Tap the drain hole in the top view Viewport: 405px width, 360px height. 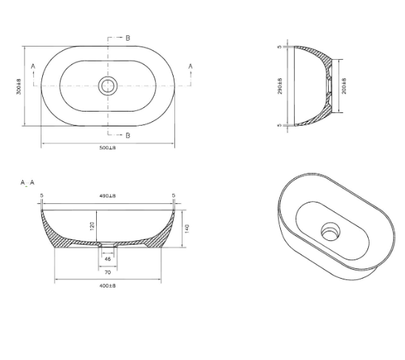pos(107,85)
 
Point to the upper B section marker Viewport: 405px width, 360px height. pos(128,37)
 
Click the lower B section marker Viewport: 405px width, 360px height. pos(128,135)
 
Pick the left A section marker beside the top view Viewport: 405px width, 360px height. pos(33,67)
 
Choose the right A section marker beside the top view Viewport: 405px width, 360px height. pos(191,67)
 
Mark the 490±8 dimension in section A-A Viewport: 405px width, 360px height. pos(108,196)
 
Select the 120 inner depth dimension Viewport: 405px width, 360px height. pos(93,225)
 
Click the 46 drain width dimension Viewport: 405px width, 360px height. pos(107,259)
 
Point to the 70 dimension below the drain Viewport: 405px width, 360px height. pos(107,272)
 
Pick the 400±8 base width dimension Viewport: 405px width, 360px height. pos(107,285)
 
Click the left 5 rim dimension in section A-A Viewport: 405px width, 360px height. pos(42,196)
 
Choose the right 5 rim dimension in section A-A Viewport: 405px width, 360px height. pos(173,196)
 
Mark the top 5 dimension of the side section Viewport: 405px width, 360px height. pos(280,47)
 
